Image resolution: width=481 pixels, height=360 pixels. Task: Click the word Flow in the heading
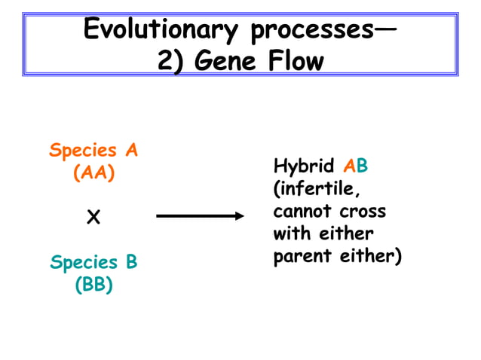point(296,60)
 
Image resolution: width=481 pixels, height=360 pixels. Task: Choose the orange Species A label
point(93,150)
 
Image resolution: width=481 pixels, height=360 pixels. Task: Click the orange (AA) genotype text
point(93,172)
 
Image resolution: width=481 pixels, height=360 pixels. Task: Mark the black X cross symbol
point(93,218)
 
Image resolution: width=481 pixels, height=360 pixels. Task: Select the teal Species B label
point(93,263)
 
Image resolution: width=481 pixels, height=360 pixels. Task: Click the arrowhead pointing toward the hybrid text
point(240,217)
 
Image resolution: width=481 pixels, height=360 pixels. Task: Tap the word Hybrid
point(304,166)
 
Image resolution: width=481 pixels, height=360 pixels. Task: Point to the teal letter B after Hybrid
point(362,166)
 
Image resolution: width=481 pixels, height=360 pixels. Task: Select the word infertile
point(311,188)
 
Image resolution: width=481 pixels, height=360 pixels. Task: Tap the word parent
point(299,256)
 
